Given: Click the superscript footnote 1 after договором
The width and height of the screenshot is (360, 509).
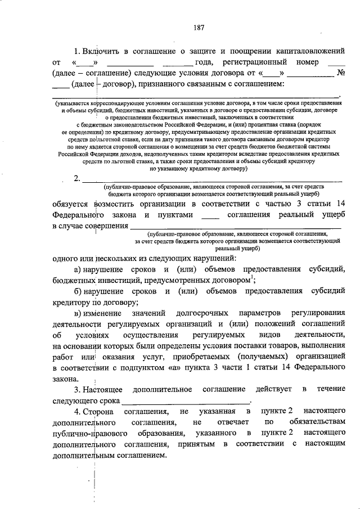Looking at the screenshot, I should [253, 278].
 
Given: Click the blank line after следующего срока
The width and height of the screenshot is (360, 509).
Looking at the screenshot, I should [186, 402].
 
